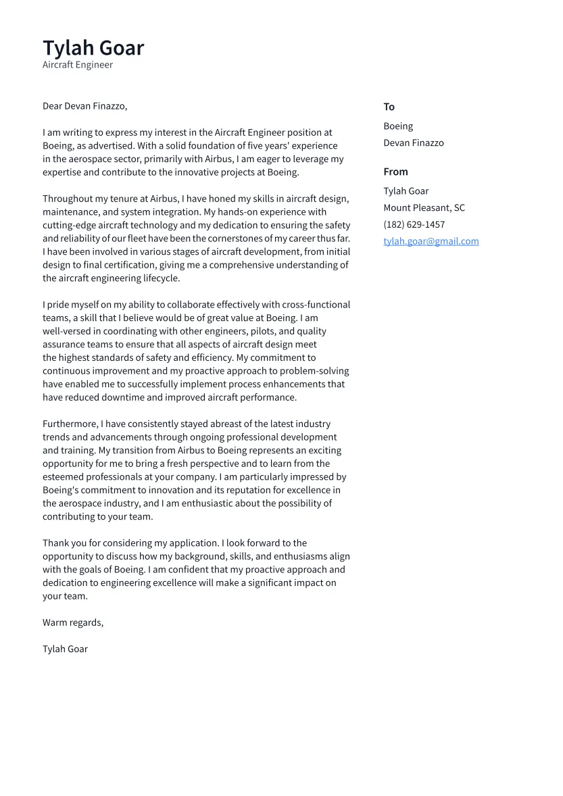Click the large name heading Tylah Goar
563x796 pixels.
pyautogui.click(x=93, y=48)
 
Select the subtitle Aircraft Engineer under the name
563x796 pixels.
pyautogui.click(x=78, y=65)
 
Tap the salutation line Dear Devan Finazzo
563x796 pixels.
pyautogui.click(x=84, y=106)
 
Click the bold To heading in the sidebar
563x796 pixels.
pyautogui.click(x=389, y=107)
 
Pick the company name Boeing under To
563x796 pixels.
pyautogui.click(x=398, y=126)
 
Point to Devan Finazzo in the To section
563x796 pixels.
pyautogui.click(x=414, y=143)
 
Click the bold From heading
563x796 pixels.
pyautogui.click(x=395, y=172)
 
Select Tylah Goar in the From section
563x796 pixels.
pyautogui.click(x=406, y=191)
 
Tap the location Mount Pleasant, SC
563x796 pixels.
pyautogui.click(x=424, y=208)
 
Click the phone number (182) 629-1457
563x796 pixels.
pyautogui.click(x=414, y=224)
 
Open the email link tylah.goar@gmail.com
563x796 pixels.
pyautogui.click(x=431, y=241)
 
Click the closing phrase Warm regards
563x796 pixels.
pyautogui.click(x=73, y=622)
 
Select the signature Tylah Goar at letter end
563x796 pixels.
pyautogui.click(x=65, y=649)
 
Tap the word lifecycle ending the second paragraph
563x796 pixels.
pyautogui.click(x=160, y=278)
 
